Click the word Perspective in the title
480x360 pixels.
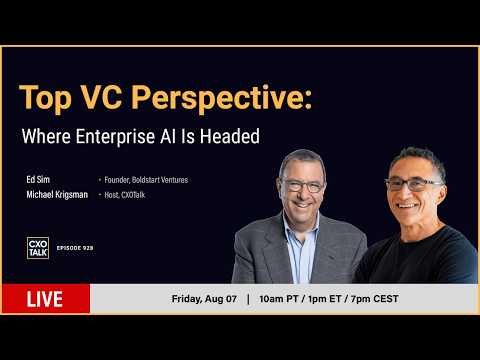(x=222, y=98)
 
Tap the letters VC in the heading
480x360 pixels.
(x=101, y=97)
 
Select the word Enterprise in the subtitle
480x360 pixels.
(x=115, y=137)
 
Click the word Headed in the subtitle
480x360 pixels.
(x=230, y=136)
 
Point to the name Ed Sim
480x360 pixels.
(x=38, y=179)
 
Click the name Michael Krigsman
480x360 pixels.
(x=57, y=195)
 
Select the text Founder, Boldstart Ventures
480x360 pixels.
(x=146, y=180)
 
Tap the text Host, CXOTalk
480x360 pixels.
(x=125, y=195)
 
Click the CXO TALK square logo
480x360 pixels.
(x=38, y=248)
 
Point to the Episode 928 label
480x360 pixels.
(x=75, y=248)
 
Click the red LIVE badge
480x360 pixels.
(x=46, y=299)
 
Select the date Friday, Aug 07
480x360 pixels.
(x=204, y=299)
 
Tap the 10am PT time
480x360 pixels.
(x=279, y=299)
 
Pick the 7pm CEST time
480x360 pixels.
(x=375, y=299)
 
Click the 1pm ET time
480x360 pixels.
(x=325, y=299)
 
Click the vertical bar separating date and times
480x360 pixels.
(x=248, y=299)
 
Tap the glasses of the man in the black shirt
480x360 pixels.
(x=413, y=184)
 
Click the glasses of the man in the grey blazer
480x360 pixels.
(x=303, y=186)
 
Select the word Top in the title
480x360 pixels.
(x=46, y=99)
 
